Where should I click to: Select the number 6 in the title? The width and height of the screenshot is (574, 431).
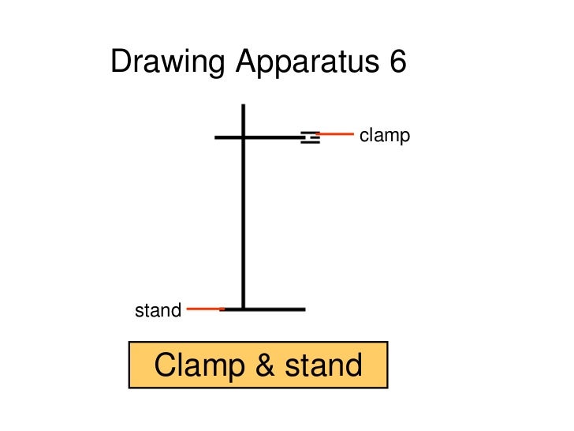pos(396,62)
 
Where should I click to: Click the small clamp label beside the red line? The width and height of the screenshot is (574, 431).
pos(385,136)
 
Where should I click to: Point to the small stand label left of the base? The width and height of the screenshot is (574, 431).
pos(158,311)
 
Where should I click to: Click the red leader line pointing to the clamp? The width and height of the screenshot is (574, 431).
pos(336,134)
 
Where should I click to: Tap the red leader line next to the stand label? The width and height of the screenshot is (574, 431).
pos(205,309)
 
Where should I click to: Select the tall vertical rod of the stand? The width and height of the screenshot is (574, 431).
pos(243,221)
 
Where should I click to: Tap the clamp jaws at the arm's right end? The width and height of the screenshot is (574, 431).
pos(311,137)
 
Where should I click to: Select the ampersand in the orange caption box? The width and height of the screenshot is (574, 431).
pos(259,365)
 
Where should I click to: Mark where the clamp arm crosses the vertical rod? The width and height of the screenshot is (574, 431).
pos(243,137)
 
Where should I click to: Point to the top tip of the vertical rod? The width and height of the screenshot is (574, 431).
pos(243,105)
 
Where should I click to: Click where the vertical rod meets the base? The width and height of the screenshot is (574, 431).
pos(243,309)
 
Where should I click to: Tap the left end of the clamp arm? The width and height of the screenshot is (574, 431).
pos(217,137)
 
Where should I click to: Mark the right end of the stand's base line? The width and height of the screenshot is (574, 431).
pos(303,309)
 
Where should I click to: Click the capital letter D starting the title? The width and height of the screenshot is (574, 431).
pos(121,62)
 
